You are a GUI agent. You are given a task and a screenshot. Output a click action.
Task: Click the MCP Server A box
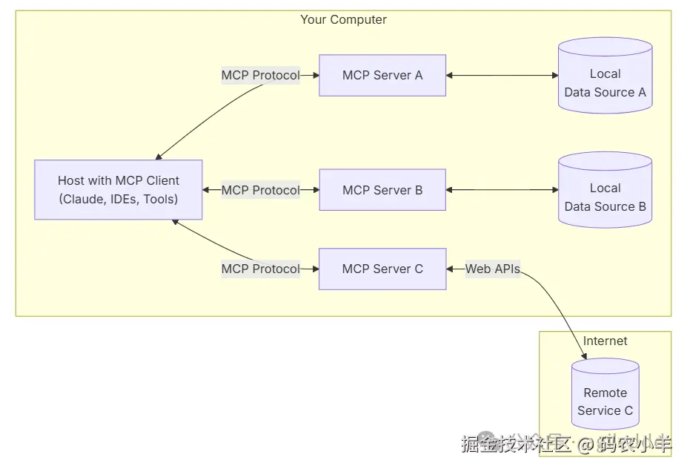coord(382,76)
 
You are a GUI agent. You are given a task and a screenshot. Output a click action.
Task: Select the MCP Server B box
coord(382,190)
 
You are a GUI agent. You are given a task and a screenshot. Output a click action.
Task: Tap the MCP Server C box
coord(382,269)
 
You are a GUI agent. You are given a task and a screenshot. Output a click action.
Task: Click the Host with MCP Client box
coord(119,189)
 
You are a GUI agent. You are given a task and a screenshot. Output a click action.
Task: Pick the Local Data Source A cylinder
coord(605,76)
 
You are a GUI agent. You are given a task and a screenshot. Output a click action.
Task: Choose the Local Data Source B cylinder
coord(605,190)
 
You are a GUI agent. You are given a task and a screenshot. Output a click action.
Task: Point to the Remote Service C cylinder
coord(605,394)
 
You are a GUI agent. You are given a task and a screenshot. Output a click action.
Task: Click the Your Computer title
coord(344,20)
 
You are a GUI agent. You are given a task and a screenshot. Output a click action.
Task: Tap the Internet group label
coord(605,341)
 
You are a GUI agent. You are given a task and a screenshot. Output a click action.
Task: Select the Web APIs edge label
coord(493,269)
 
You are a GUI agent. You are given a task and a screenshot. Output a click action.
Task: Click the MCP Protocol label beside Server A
coord(261,75)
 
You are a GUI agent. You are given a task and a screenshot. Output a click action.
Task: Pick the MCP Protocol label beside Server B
coord(261,190)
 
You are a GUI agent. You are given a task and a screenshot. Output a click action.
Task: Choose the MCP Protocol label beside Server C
coord(261,269)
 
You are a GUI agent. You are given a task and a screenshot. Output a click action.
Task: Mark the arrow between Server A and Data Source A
coord(502,76)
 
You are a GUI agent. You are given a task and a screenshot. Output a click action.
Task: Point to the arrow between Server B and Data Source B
coord(502,190)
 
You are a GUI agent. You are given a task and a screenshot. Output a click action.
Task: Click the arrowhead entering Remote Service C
coord(585,355)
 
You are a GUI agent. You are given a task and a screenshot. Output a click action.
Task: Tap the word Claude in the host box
coord(82,199)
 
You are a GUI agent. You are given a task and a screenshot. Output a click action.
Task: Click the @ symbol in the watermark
coord(585,445)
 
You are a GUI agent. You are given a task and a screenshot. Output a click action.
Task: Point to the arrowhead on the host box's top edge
coord(159,157)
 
